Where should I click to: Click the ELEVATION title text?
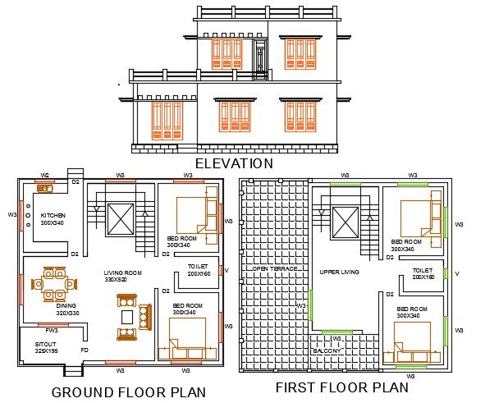[234, 163]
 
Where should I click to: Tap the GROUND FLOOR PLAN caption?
[129, 392]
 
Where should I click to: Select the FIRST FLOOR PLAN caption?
[341, 387]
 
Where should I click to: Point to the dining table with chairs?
[54, 284]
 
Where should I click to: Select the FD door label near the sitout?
[85, 351]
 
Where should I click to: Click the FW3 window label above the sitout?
[51, 331]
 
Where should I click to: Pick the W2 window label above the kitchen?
[45, 175]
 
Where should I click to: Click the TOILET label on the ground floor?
[198, 267]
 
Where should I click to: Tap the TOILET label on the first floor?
[423, 270]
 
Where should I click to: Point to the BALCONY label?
[327, 350]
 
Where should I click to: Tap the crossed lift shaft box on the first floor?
[345, 222]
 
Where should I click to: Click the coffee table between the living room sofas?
[127, 317]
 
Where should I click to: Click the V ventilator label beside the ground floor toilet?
[226, 270]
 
